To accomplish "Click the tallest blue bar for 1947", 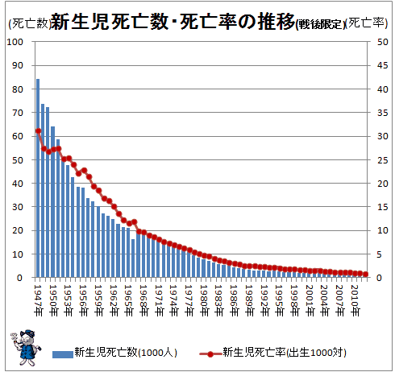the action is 38,178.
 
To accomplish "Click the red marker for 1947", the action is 38,131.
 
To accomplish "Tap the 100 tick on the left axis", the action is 15,42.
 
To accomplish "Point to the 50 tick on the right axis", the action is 383,42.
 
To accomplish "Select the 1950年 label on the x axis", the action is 53,300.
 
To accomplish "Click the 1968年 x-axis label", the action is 144,300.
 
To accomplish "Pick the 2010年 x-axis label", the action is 355,300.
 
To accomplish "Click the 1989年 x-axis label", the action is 250,300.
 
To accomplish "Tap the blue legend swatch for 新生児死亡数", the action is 63,354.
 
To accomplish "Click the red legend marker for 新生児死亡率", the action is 210,354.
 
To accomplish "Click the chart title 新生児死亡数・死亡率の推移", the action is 173,22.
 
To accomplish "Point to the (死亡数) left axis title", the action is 29,23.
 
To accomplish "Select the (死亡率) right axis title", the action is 366,23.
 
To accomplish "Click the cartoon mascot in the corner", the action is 26,347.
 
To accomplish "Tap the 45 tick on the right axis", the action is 383,65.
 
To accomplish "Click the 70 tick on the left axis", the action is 18,113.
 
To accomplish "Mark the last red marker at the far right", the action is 365,274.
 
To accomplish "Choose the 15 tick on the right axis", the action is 383,207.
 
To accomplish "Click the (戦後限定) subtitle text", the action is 320,24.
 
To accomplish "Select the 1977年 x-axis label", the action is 189,300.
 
